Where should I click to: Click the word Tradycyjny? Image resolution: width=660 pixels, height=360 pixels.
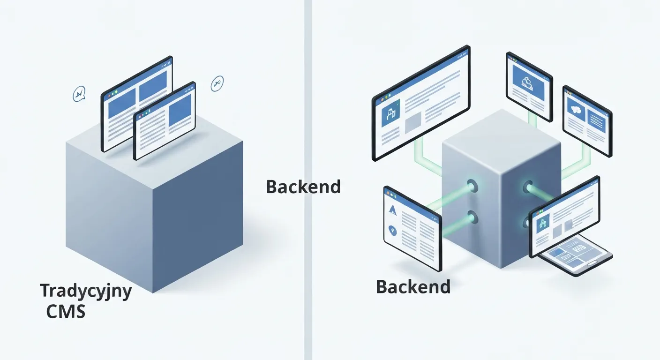(86, 291)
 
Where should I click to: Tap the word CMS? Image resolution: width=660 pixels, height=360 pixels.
(66, 311)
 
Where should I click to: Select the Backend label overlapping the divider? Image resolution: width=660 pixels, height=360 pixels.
(303, 187)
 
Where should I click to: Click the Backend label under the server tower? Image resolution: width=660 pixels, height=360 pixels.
(413, 287)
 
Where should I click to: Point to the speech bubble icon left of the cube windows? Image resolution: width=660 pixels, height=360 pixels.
(79, 94)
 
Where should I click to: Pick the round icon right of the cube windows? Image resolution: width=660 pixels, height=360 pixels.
(217, 83)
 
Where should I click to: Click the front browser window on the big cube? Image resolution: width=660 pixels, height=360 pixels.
(165, 121)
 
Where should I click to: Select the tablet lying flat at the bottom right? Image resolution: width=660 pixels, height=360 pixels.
(575, 255)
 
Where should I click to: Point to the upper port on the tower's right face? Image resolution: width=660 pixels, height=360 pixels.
(528, 187)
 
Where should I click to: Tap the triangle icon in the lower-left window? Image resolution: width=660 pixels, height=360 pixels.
(392, 210)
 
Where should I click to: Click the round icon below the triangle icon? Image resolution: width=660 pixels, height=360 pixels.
(392, 230)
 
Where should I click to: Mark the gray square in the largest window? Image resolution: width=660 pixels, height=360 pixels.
(413, 122)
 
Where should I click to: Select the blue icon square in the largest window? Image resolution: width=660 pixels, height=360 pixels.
(390, 113)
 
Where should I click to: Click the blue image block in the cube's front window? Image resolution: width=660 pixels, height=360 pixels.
(180, 110)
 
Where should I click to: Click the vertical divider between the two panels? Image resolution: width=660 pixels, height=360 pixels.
(308, 180)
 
